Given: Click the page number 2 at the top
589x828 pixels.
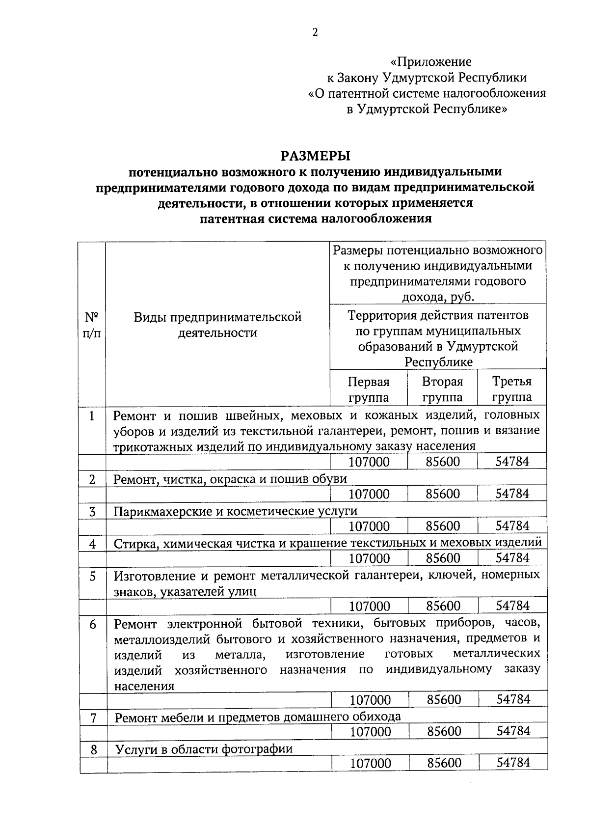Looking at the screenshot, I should coord(315,32).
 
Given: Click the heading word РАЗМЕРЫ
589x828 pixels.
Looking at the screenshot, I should coord(315,156).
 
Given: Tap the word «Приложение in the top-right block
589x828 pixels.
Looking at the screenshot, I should coord(430,62).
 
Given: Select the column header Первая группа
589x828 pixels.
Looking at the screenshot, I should coord(368,389).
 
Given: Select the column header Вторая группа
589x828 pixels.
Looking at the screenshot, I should coord(442,389).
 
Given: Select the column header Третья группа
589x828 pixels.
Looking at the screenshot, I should coord(511,389).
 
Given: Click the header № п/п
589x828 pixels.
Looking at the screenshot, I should coord(92,325).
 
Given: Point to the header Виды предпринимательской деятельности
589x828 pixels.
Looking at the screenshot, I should coord(217,325).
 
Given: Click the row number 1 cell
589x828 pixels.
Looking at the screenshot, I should coord(92,416).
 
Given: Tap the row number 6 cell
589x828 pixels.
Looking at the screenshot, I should coord(93,625).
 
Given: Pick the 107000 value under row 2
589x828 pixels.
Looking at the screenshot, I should coord(369,494).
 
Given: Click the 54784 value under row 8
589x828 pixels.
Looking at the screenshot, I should coord(513,762).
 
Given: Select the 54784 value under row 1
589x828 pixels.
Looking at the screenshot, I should coord(512,462).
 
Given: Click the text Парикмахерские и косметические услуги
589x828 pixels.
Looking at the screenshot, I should coord(236,511).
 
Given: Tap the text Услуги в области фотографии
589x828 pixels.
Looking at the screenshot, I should coord(204,749).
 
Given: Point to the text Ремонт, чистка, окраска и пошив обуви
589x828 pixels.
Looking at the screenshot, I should coord(230,479).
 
